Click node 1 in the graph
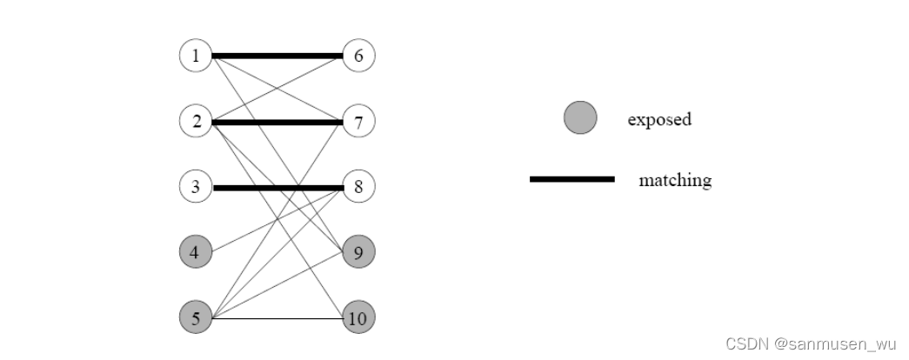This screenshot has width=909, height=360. coord(196,57)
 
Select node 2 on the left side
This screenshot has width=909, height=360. coord(196,122)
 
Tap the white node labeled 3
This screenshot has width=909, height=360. coord(196,187)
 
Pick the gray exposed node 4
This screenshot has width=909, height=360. coord(196,253)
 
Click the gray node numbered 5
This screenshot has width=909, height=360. coord(196,318)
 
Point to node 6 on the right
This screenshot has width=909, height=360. coord(358,57)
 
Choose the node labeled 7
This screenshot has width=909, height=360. coord(358,122)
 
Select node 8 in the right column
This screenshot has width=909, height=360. coord(358,187)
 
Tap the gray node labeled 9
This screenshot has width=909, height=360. coord(358,253)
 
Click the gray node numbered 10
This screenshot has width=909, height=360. coord(358,318)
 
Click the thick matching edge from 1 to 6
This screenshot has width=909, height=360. coord(277,57)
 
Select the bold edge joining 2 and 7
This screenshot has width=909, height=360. coord(277,122)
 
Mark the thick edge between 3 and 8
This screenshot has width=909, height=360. coord(277,187)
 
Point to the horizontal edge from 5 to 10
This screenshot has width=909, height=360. coord(277,318)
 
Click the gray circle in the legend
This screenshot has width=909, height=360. coord(580,118)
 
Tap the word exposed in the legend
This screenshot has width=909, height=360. coord(659,119)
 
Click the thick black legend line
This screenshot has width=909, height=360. coord(571,179)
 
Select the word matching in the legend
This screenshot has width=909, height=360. coord(674,180)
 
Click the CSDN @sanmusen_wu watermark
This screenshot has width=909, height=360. coord(810,343)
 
